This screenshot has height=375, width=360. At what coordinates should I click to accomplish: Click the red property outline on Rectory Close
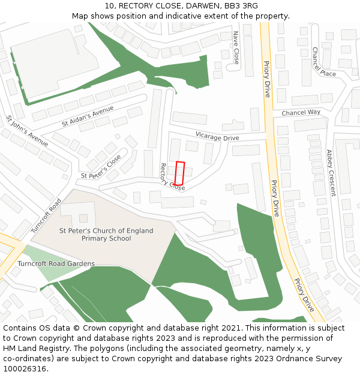click(179, 173)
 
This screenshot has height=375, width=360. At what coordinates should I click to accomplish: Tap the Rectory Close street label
click(172, 177)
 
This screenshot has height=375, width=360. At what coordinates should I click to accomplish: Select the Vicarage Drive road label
click(217, 137)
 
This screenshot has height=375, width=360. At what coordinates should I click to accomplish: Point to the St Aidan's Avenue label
click(88, 116)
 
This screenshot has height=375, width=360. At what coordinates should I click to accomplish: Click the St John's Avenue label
click(26, 131)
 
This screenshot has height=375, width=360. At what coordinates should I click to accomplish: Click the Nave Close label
click(236, 48)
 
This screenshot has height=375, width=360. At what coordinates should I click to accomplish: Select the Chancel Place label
click(323, 62)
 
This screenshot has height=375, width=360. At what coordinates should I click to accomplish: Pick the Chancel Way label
click(301, 112)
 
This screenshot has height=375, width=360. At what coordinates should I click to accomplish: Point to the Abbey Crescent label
click(331, 173)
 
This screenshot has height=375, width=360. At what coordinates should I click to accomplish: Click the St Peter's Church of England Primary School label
click(106, 235)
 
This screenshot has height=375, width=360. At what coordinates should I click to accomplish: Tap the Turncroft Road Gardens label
click(56, 264)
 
